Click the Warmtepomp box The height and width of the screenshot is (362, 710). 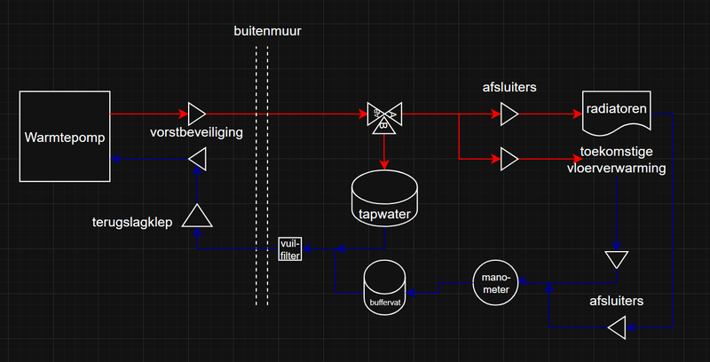64,137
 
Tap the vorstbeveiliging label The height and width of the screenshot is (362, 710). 196,132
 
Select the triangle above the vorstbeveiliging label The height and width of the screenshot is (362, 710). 197,114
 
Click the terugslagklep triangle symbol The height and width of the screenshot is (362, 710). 194,216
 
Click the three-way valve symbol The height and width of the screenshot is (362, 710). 384,114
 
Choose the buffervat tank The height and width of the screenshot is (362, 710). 385,285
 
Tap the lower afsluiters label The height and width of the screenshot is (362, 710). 617,301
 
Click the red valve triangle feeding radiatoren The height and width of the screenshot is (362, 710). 509,114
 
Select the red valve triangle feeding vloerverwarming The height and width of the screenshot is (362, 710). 509,159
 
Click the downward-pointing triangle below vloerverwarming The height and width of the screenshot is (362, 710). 615,259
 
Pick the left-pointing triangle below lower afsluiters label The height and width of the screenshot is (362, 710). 617,329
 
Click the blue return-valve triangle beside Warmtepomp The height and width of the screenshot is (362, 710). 197,159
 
